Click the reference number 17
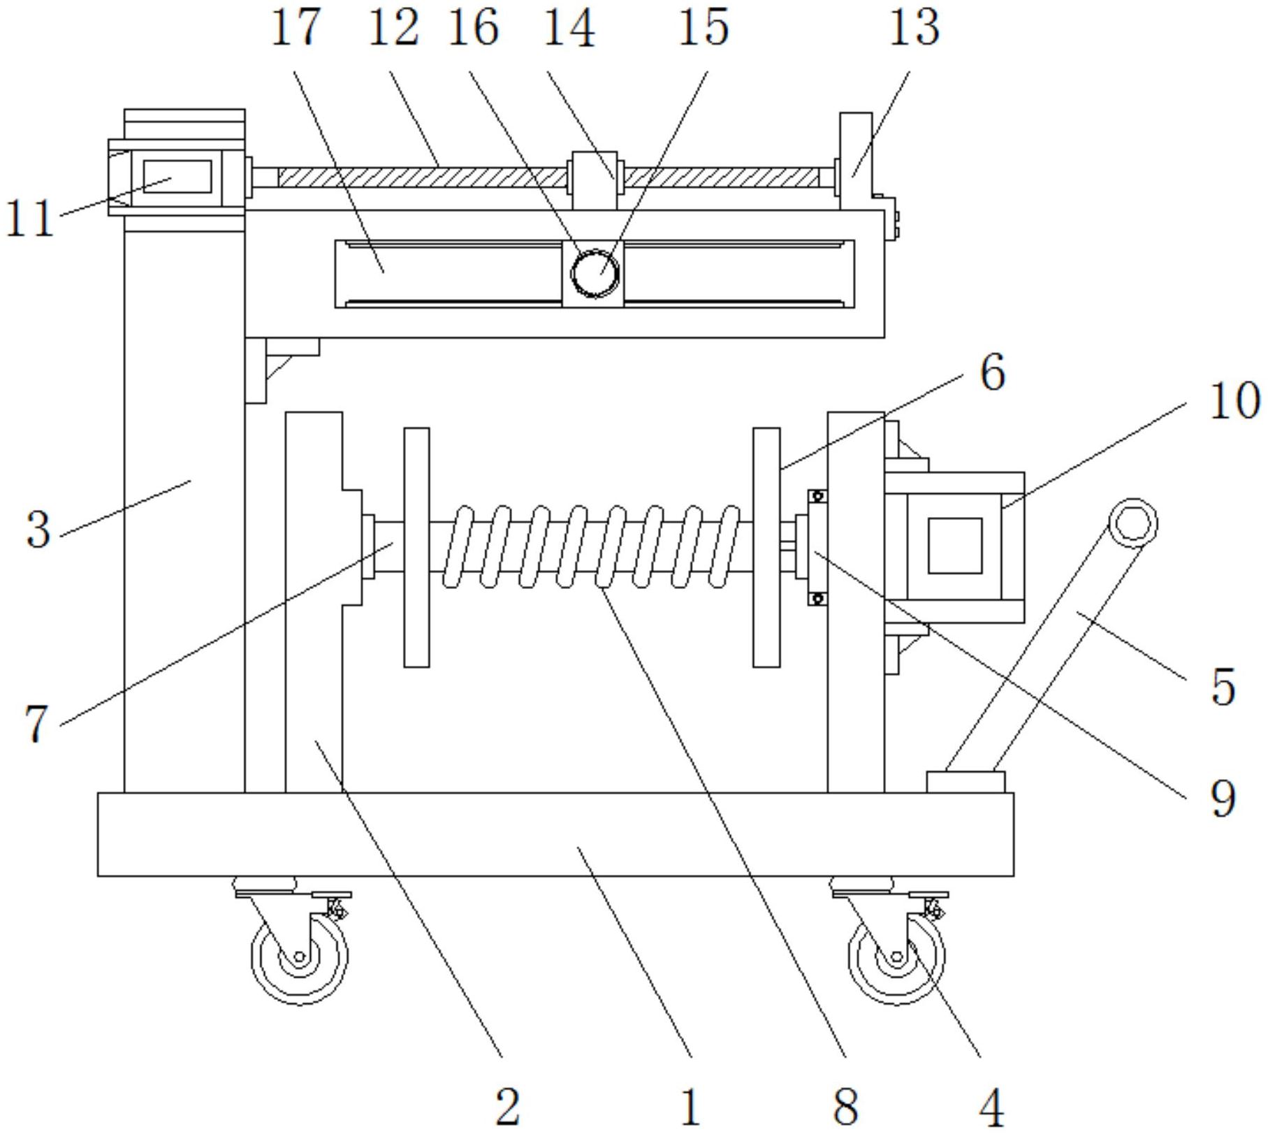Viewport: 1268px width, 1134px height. point(296,28)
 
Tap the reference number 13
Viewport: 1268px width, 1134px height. point(914,28)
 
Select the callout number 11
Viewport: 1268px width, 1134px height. point(29,219)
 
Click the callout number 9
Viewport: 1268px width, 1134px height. point(1223,799)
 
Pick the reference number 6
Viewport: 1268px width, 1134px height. point(993,372)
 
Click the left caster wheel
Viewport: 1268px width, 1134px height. point(299,957)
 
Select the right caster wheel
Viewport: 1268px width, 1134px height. point(896,957)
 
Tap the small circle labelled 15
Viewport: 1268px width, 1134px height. point(595,272)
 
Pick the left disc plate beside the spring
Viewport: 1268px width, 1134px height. point(416,547)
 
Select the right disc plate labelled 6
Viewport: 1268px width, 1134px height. point(766,547)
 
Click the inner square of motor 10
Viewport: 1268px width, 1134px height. point(955,546)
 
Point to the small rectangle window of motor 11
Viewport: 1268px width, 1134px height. point(177,177)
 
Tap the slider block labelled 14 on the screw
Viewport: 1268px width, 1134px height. point(595,180)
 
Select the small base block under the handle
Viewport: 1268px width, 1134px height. point(965,782)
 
